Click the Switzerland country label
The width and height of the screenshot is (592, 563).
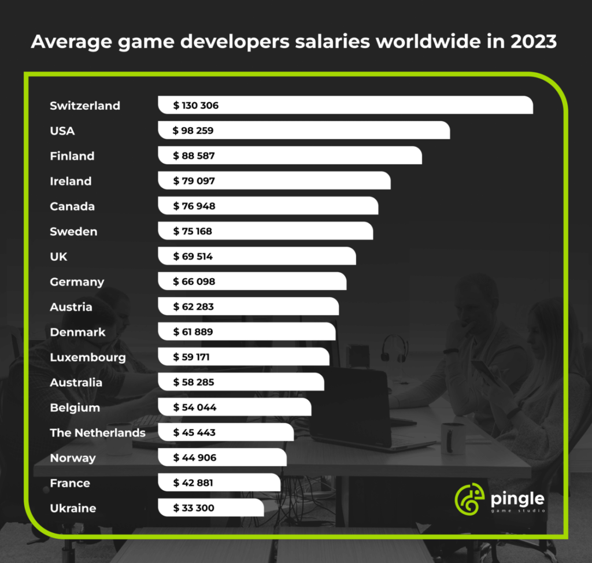point(85,106)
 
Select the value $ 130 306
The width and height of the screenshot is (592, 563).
point(196,106)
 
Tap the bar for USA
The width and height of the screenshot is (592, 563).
point(324,131)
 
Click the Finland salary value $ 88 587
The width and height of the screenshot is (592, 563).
point(194,156)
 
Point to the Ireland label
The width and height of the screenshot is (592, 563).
point(71,182)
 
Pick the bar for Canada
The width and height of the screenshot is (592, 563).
point(289,206)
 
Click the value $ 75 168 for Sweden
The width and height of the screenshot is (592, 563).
point(193,232)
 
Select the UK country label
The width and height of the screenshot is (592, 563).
point(58,257)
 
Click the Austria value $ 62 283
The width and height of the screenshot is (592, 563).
point(193,307)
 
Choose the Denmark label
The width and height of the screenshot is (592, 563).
point(77,332)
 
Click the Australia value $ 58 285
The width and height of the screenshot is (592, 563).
point(194,383)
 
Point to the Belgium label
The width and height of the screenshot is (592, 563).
point(75,408)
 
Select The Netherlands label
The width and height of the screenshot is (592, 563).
point(97,433)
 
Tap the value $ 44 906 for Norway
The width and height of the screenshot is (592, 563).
point(194,458)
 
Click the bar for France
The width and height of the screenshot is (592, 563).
point(243,483)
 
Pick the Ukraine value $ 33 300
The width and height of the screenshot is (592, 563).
point(194,509)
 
